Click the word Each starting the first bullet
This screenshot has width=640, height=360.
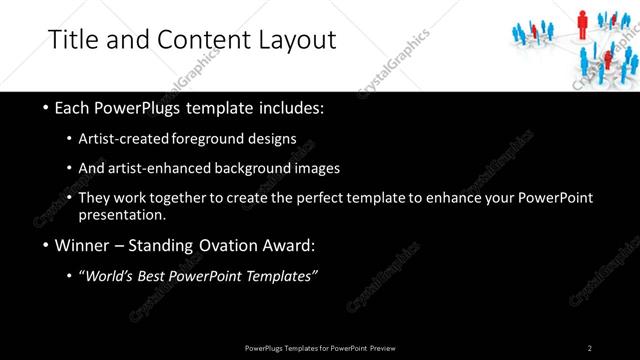[73, 106]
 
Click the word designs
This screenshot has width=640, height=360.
[276, 138]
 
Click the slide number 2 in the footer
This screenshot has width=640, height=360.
[590, 348]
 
